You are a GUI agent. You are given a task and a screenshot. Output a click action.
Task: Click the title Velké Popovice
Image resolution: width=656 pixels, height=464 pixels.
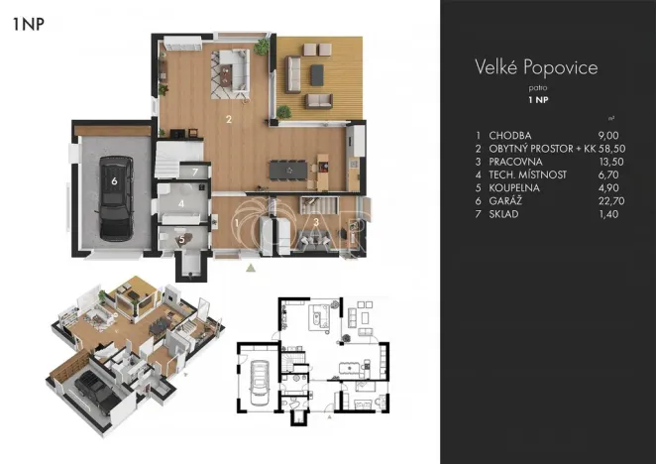click(536, 67)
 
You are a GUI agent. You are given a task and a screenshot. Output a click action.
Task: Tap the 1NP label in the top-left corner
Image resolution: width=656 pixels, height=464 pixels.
click(28, 24)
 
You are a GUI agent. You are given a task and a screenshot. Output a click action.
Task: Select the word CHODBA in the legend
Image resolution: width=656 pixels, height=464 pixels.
click(510, 135)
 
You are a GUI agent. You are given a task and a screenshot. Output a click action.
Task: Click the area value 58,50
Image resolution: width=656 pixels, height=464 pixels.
click(611, 149)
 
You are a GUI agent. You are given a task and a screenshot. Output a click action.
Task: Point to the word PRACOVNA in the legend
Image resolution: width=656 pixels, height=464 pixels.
click(515, 162)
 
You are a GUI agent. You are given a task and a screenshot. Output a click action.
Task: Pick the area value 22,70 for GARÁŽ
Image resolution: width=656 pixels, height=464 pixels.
click(611, 200)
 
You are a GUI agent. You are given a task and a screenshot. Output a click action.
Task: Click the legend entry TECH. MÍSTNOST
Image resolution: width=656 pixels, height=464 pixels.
click(527, 174)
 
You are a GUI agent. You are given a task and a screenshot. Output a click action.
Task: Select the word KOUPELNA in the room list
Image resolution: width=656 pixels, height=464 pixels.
click(514, 187)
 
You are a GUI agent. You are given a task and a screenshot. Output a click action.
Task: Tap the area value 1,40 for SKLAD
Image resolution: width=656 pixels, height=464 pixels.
click(608, 213)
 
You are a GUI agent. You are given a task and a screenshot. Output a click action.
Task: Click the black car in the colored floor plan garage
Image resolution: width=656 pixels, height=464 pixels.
click(116, 198)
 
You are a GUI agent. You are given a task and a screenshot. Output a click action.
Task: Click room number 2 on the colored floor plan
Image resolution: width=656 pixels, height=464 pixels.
click(229, 119)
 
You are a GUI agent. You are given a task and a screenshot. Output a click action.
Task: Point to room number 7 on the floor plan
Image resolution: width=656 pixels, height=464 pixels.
click(195, 172)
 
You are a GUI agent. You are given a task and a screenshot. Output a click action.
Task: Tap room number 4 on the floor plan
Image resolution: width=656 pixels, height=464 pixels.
click(181, 203)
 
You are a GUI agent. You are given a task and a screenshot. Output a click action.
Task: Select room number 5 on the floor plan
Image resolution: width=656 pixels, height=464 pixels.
click(181, 240)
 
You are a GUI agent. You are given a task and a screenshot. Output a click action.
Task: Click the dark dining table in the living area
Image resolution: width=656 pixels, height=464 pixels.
click(288, 170)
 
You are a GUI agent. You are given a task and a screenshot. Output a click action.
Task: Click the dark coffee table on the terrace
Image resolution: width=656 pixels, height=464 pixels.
click(317, 75)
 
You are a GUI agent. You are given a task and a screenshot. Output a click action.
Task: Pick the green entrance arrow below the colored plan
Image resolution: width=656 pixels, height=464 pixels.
click(251, 268)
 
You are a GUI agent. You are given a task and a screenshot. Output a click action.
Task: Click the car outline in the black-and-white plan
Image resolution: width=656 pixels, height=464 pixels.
click(260, 383)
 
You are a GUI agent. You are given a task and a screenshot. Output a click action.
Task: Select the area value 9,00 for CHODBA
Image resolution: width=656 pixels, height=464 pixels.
click(608, 135)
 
